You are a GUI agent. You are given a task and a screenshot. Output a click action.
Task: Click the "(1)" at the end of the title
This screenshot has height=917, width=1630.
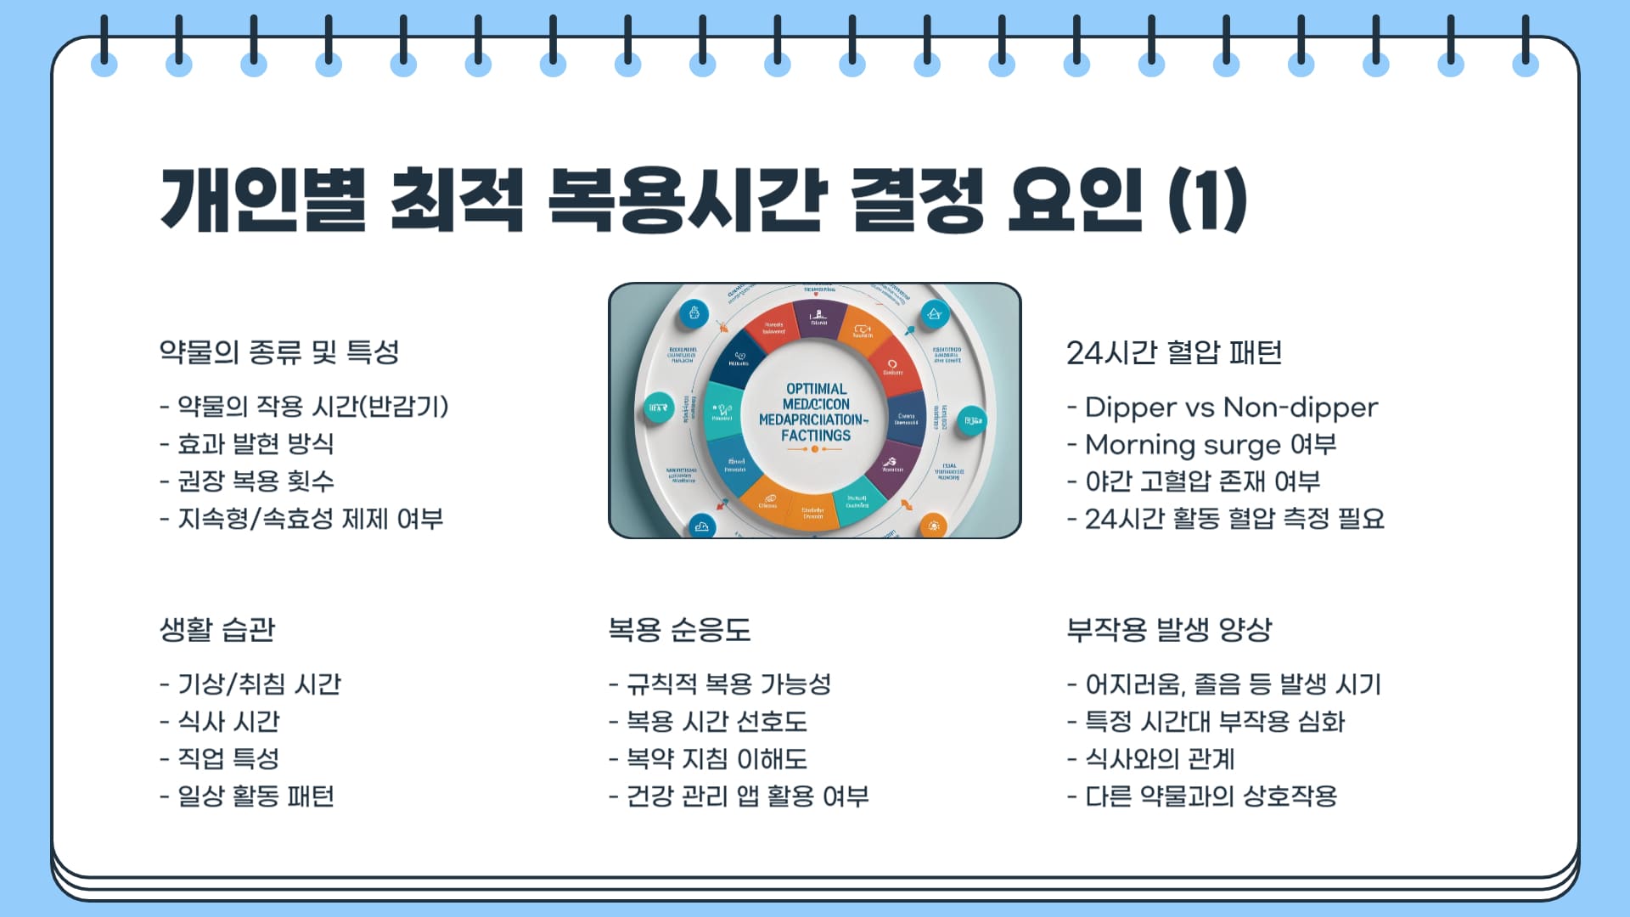[x=1207, y=200]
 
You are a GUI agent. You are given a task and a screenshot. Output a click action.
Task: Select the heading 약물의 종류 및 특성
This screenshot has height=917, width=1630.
[x=279, y=352]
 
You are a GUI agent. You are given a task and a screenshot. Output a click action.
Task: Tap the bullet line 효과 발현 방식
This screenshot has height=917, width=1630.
[x=255, y=444]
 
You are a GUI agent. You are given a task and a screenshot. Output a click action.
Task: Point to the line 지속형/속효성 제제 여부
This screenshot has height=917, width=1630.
[x=310, y=519]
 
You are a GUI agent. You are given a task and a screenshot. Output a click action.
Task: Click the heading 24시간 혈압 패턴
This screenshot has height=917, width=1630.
[x=1174, y=352]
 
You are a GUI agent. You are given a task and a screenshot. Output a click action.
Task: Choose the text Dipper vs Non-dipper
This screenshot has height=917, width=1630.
[x=1231, y=408]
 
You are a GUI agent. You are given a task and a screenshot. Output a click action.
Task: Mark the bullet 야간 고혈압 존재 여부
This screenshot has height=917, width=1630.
[x=1202, y=481]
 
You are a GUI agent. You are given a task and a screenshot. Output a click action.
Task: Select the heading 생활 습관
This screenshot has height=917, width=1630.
[x=218, y=629]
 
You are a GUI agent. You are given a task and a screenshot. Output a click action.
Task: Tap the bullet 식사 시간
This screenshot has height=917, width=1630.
[x=228, y=722]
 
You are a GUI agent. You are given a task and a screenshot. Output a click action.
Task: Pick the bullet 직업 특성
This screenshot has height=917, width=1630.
[x=228, y=759]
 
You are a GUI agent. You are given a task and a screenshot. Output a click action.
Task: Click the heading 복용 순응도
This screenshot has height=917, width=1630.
[x=679, y=629]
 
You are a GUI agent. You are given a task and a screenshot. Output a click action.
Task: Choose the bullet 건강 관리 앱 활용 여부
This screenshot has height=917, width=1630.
[x=747, y=796]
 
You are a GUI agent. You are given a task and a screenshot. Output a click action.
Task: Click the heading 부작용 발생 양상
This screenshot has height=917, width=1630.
[x=1169, y=629]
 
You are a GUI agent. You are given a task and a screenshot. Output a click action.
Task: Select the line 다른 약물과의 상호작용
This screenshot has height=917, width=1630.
[x=1211, y=796]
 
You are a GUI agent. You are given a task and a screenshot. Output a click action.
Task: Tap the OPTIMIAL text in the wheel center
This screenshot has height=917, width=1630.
[x=816, y=389]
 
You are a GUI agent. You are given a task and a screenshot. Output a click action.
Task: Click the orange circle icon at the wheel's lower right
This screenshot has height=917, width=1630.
[x=933, y=526]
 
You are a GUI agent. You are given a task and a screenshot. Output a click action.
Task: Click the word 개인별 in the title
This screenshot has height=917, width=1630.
[x=264, y=200]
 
